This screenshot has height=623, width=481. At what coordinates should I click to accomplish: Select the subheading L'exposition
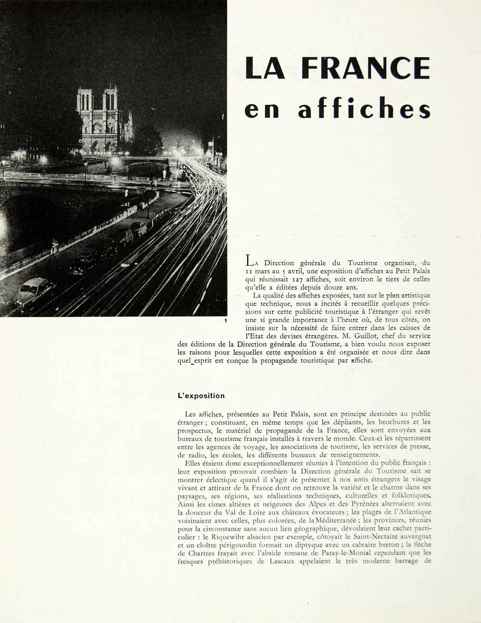pos(201,396)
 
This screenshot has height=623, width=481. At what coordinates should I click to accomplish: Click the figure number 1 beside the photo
pos(225,321)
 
